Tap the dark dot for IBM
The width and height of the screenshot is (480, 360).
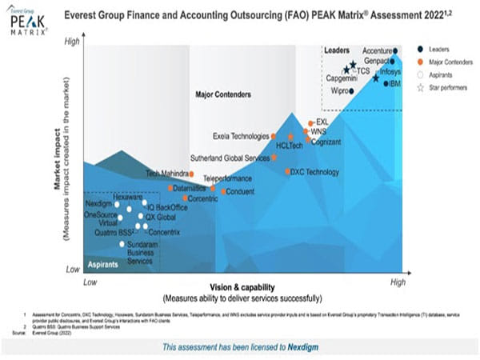386,83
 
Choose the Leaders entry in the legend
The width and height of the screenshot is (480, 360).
437,50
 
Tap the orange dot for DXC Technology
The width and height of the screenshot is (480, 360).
289,171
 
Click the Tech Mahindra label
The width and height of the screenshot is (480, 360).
166,174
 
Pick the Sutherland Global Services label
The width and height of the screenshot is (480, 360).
229,158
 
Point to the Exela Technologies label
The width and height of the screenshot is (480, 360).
241,135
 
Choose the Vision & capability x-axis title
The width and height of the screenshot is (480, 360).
242,287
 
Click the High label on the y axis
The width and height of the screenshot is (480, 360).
73,41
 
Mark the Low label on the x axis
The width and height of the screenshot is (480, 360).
90,282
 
